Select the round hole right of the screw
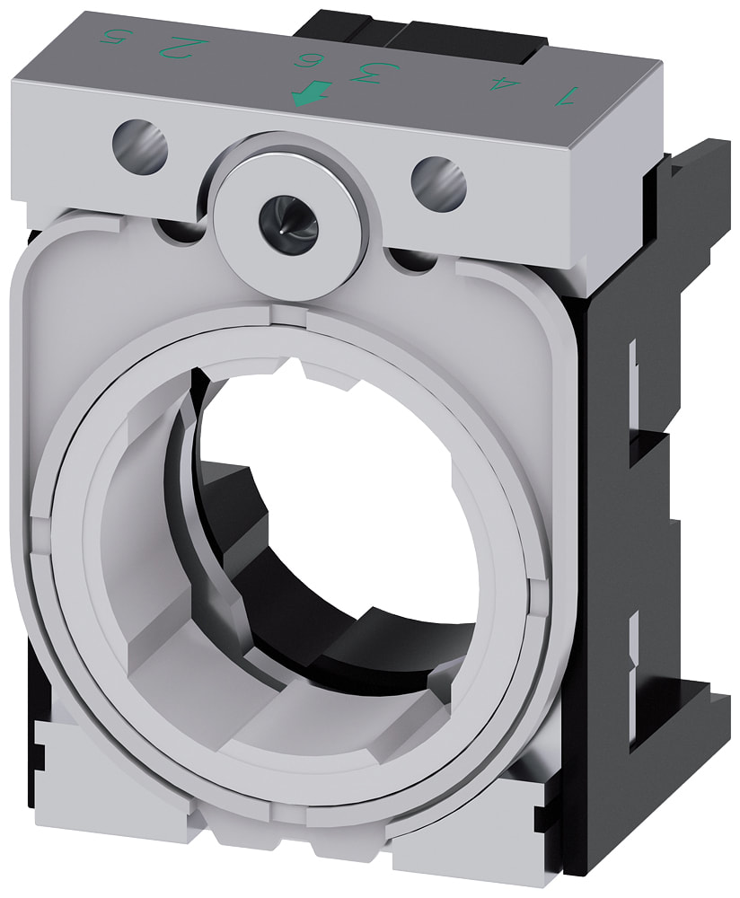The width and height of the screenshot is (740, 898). pos(438,179)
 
